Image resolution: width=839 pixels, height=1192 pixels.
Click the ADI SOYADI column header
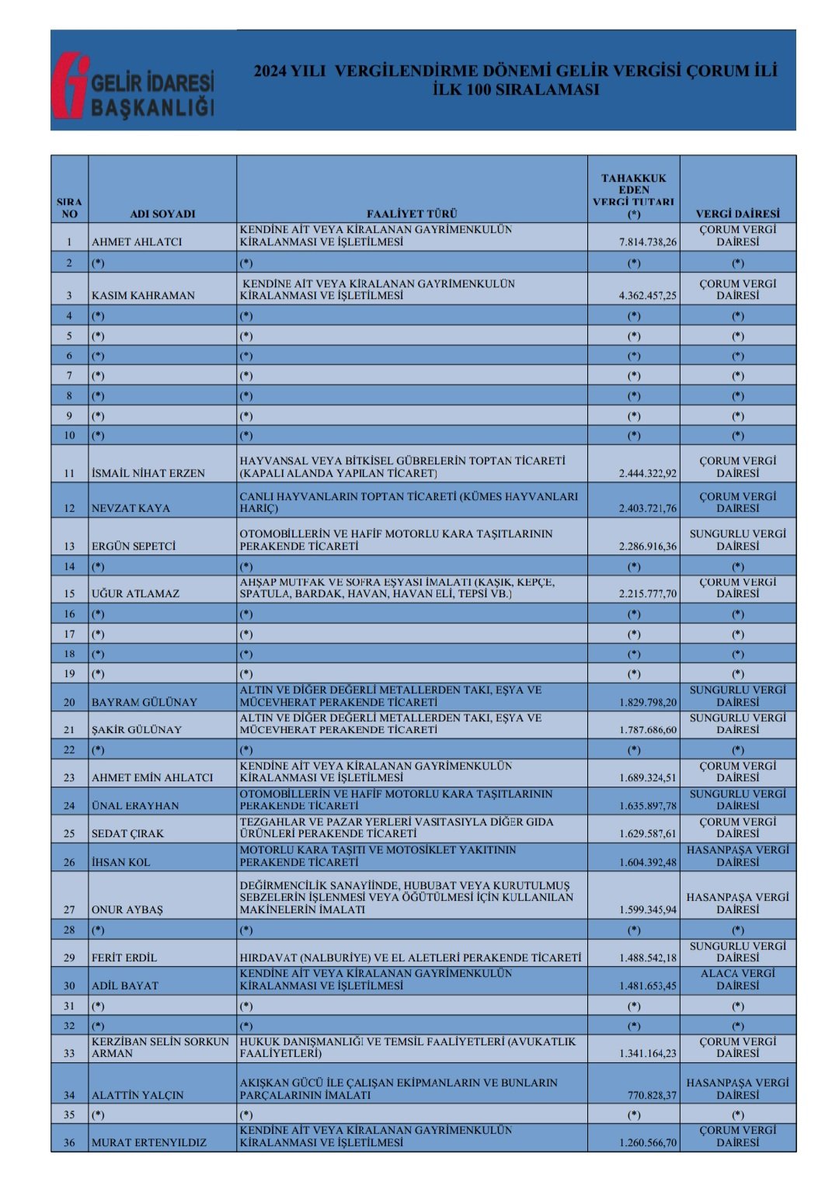coord(162,214)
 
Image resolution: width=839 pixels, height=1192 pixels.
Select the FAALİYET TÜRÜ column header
coord(412,214)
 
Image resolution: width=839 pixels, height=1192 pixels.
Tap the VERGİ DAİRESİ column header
coord(737,214)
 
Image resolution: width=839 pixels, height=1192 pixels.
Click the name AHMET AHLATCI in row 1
coord(137,242)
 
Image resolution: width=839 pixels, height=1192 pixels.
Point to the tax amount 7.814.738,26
coord(647,242)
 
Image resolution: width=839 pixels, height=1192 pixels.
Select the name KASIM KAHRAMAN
coord(143,295)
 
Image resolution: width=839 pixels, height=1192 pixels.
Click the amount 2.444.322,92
coord(647,473)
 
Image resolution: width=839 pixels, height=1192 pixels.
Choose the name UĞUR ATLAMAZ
coord(135,593)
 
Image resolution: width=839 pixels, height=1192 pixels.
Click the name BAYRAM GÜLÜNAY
coord(144,702)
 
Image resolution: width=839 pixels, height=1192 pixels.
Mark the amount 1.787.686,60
coord(647,730)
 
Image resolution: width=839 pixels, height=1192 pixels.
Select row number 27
coord(69,909)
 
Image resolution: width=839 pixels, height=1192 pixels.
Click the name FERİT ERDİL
coord(124,957)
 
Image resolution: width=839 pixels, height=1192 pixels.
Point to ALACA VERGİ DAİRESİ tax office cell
coord(737,979)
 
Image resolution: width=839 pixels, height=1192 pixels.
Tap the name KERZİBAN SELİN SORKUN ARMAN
coord(160,1048)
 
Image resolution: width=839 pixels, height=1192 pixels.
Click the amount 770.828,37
coord(652,1095)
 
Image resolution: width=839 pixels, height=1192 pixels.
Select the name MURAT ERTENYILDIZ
coord(149,1142)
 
